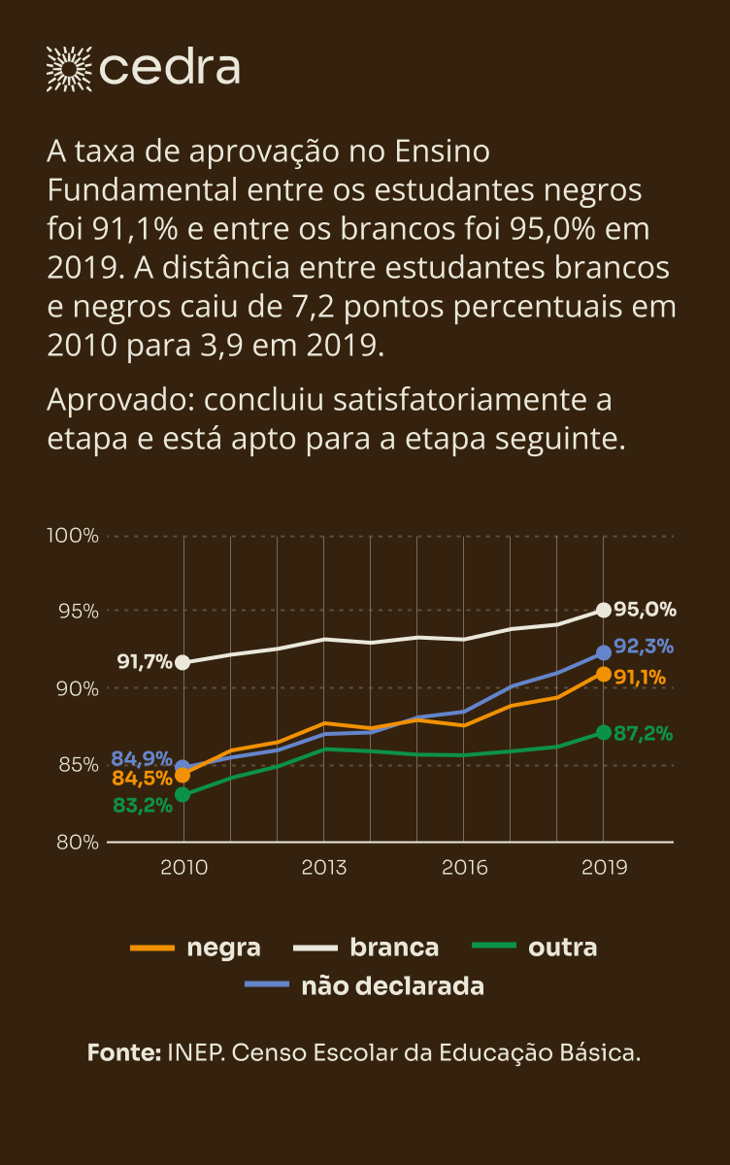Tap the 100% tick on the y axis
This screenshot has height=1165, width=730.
pyautogui.click(x=73, y=536)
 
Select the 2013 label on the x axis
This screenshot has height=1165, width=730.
pyautogui.click(x=323, y=867)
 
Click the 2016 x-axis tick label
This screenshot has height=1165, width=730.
pyautogui.click(x=464, y=867)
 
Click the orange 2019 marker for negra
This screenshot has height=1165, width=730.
pyautogui.click(x=604, y=674)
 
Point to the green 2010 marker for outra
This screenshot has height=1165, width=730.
pyautogui.click(x=182, y=794)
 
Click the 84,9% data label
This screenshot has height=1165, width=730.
pyautogui.click(x=142, y=758)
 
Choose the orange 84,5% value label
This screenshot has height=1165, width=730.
pyautogui.click(x=142, y=778)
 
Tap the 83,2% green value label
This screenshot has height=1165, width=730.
pyautogui.click(x=142, y=805)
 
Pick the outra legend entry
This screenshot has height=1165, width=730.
pyautogui.click(x=533, y=948)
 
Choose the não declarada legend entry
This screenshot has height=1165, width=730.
pyautogui.click(x=364, y=986)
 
